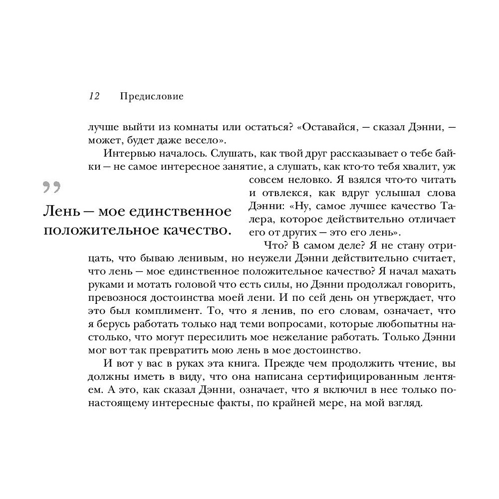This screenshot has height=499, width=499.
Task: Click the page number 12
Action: point(94,96)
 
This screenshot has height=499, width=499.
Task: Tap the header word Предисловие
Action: point(152,96)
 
